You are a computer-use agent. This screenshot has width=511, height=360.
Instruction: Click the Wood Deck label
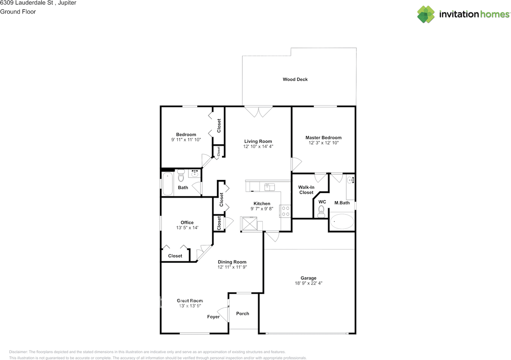coord(295,79)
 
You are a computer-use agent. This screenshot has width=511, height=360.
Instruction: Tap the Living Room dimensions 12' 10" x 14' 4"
coord(258,146)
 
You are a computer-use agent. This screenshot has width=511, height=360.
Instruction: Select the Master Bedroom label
coord(323,138)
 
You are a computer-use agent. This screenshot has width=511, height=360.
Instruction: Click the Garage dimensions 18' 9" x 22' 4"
coord(309,283)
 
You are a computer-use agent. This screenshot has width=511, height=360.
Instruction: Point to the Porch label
coord(242,313)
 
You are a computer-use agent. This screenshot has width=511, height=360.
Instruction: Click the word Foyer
coord(213,316)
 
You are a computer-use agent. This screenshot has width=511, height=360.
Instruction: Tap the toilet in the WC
coord(321,212)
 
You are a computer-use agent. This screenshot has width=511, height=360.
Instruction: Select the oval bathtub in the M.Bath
coord(342,221)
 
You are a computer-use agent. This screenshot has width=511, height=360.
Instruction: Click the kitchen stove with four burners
coord(285,211)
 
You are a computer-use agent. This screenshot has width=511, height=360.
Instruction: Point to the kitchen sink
coord(269,187)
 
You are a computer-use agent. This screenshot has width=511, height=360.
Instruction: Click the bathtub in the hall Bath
coord(168,184)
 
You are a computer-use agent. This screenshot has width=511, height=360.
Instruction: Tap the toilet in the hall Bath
coord(181,175)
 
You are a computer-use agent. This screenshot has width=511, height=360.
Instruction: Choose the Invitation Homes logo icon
coord(426,14)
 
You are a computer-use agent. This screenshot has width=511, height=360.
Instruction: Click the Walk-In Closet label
coord(306,190)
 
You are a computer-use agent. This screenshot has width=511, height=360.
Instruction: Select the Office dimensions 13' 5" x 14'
coord(187,227)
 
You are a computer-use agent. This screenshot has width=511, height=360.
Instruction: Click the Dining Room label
coord(232,262)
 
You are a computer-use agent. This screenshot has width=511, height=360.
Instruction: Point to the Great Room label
coord(190,301)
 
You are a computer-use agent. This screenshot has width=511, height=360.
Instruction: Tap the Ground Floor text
coord(18,12)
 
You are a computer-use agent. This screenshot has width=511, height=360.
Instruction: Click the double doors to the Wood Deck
coord(258,112)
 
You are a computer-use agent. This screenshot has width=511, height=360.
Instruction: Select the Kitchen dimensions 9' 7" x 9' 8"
coord(262,208)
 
